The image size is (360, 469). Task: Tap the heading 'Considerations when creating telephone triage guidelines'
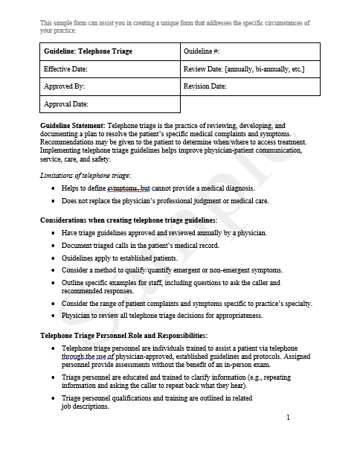pos(129,220)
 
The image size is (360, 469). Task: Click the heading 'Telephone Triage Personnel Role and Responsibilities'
pos(123,336)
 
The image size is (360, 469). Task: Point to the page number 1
pos(287,418)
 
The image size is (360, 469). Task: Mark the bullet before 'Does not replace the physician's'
pos(51,201)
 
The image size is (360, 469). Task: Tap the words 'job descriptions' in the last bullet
pos(85,406)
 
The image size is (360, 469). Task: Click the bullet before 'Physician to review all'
pos(51,316)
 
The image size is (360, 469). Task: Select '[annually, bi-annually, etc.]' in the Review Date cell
pos(265,69)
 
